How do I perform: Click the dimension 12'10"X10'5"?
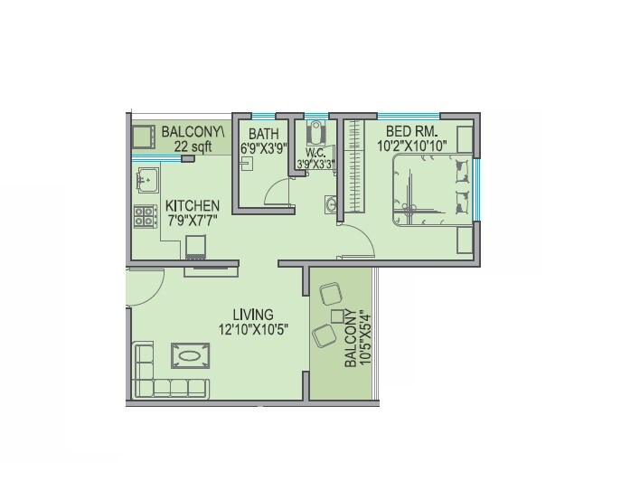[253, 330]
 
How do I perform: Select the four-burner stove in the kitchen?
[145, 217]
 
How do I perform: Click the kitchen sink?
[145, 181]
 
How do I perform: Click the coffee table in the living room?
[188, 356]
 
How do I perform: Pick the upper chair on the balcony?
[330, 294]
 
